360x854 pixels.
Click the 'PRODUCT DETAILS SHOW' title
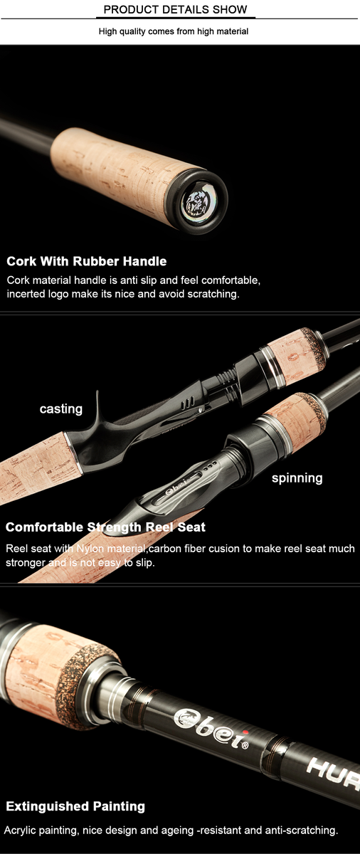(x=175, y=9)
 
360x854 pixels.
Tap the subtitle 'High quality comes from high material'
(x=174, y=31)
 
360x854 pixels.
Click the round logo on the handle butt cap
(x=196, y=203)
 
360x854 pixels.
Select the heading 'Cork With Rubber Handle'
(x=87, y=261)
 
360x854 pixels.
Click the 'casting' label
(x=61, y=408)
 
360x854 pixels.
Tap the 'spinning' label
(x=297, y=478)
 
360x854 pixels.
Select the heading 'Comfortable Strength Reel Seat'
(x=105, y=527)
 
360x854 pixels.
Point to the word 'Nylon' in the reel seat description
(x=91, y=549)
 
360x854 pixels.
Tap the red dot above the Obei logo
(x=245, y=732)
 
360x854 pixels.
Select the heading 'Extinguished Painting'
(x=75, y=806)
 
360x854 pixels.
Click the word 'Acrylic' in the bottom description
(x=18, y=830)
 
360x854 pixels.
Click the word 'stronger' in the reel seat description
(x=25, y=563)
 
